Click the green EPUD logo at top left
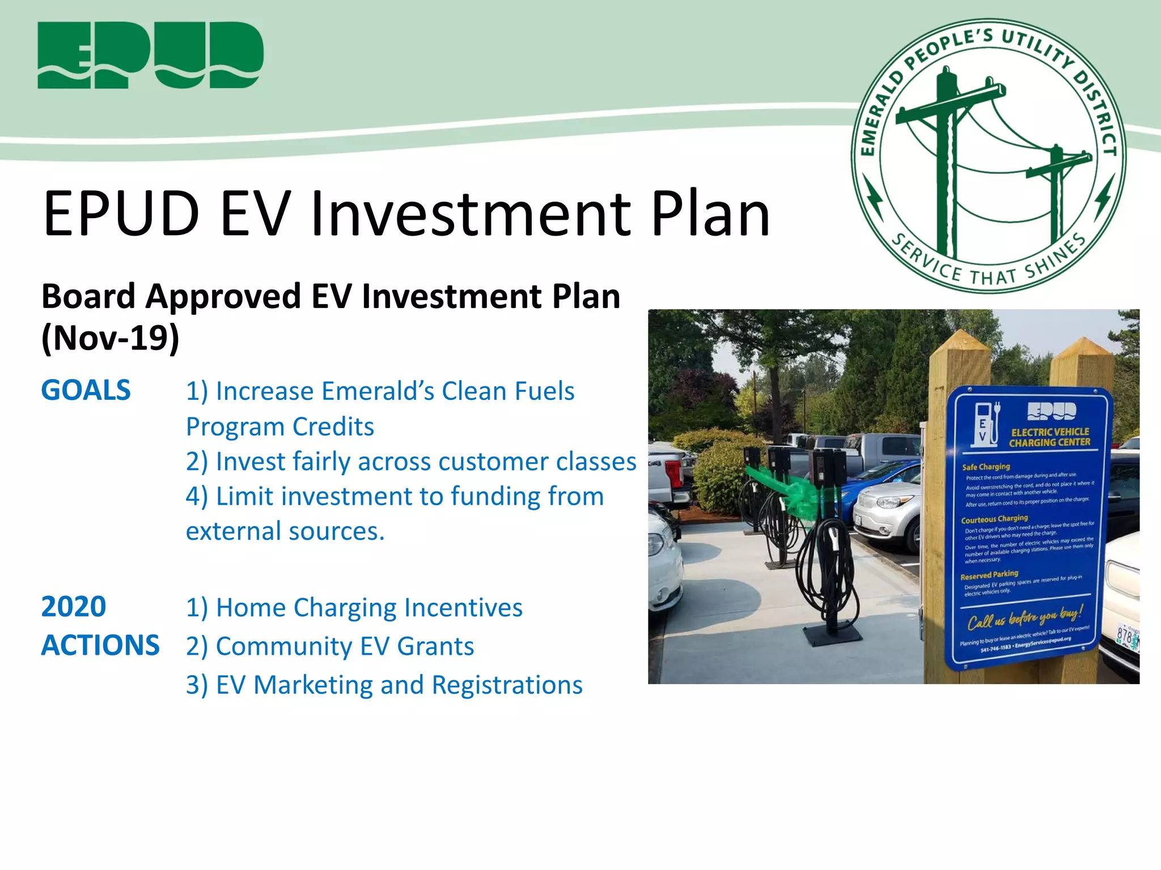click(x=150, y=55)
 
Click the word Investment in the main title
click(x=471, y=214)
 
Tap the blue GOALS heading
click(x=86, y=390)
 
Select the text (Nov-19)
click(x=111, y=338)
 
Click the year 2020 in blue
click(x=74, y=607)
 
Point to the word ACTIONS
click(x=100, y=645)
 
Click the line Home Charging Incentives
click(x=354, y=608)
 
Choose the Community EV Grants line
click(x=330, y=646)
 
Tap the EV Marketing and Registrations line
click(x=384, y=685)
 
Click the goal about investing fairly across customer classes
click(x=411, y=462)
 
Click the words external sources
click(x=285, y=531)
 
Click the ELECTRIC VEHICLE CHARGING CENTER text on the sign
click(x=1049, y=437)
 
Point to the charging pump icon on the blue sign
click(x=987, y=423)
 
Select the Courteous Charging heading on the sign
click(x=994, y=519)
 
